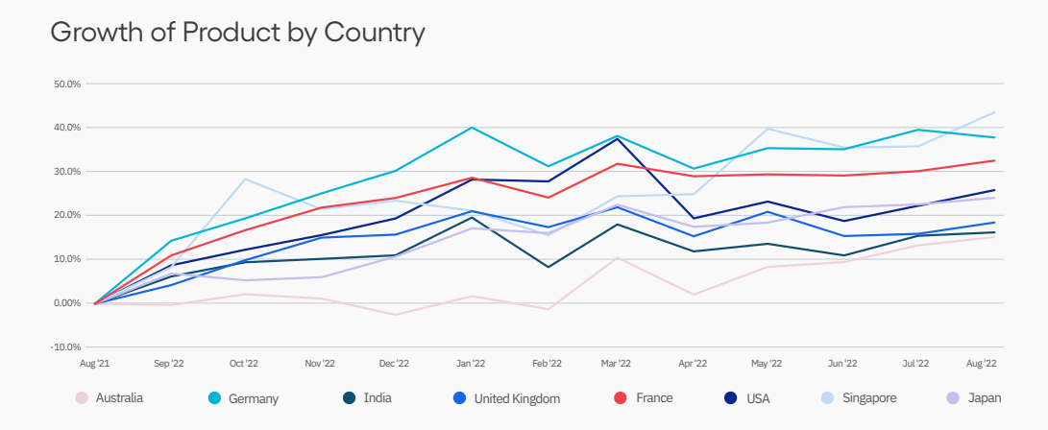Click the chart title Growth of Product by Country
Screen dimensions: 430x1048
click(x=237, y=33)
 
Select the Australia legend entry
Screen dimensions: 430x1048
click(x=109, y=397)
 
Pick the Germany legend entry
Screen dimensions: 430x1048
click(x=242, y=397)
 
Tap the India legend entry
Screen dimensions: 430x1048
click(x=365, y=397)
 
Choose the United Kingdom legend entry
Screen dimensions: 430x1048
click(x=505, y=397)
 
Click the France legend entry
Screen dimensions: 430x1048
click(x=643, y=397)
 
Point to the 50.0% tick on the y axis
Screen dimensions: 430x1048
click(x=67, y=84)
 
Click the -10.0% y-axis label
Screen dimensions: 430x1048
click(x=66, y=346)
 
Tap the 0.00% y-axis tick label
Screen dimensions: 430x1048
click(x=67, y=303)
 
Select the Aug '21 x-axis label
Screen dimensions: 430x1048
click(x=94, y=364)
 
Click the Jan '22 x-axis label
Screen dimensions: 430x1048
click(x=470, y=364)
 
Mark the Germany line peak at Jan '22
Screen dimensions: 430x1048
click(x=471, y=128)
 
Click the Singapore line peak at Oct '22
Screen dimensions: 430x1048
click(x=244, y=179)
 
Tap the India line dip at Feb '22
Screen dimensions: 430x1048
click(x=547, y=267)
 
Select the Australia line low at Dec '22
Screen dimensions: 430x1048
click(x=395, y=315)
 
